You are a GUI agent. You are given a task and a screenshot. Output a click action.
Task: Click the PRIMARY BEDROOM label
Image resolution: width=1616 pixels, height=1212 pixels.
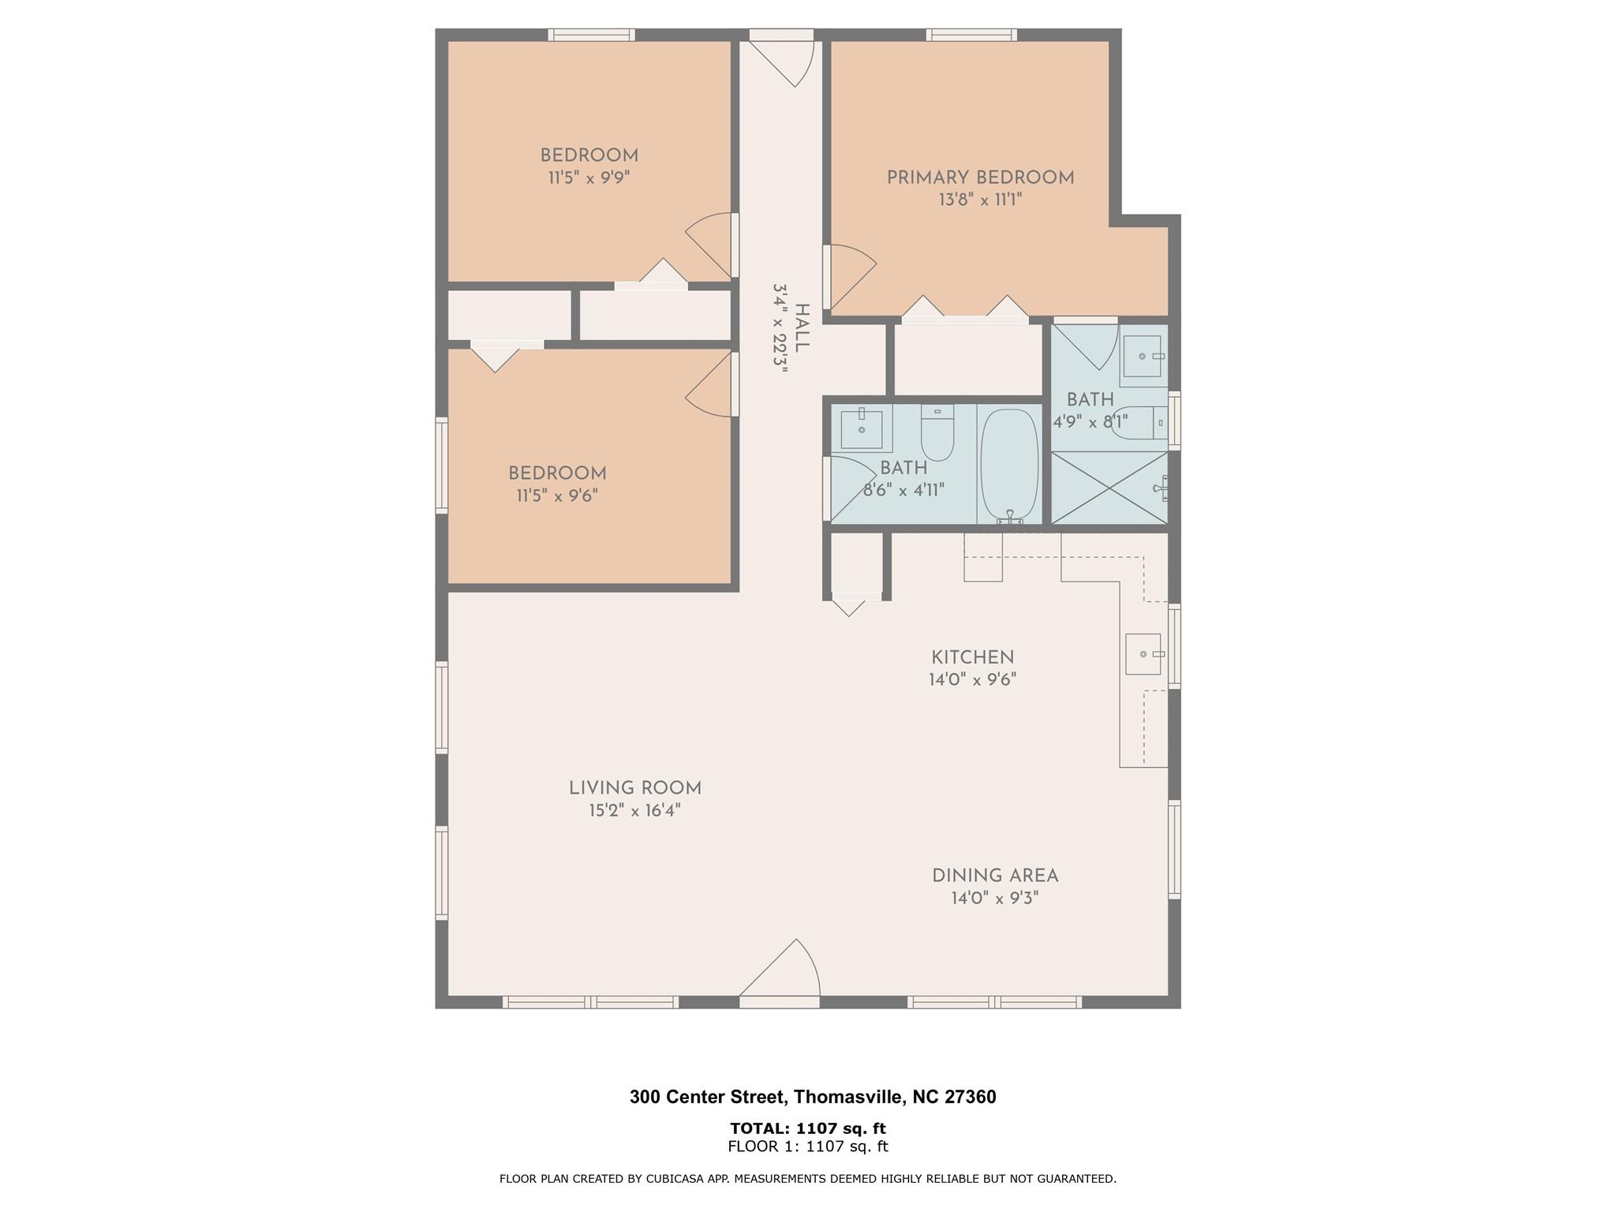click(x=980, y=178)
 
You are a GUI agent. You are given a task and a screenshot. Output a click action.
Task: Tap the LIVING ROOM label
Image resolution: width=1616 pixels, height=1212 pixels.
click(x=635, y=788)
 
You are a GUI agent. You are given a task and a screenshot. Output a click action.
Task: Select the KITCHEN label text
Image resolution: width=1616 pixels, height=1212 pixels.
click(x=972, y=657)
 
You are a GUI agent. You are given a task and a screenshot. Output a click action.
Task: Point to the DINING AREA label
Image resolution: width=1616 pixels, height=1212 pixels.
click(x=995, y=876)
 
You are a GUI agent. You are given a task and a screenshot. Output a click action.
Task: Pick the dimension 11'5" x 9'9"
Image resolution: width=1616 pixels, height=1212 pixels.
click(x=589, y=178)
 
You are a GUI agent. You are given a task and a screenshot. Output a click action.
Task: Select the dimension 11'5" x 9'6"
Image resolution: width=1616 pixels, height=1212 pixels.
click(x=557, y=496)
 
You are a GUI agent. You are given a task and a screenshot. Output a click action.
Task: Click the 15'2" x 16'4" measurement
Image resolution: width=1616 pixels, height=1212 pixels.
click(x=634, y=810)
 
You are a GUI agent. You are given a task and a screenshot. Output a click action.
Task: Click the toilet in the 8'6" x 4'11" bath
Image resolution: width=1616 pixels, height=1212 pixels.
click(x=937, y=432)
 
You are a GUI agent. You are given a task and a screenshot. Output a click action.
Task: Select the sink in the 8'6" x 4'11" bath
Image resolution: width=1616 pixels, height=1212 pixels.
click(x=861, y=428)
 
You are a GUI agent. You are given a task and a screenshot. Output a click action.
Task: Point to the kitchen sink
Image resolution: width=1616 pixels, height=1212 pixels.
click(x=1143, y=654)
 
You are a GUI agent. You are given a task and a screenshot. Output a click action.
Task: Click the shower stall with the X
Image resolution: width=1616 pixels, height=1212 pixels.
click(x=1109, y=488)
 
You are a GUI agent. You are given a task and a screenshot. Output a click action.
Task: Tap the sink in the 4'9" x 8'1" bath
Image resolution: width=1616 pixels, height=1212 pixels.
click(x=1143, y=356)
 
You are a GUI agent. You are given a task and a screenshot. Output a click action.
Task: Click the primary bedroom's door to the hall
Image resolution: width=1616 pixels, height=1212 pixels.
click(x=852, y=276)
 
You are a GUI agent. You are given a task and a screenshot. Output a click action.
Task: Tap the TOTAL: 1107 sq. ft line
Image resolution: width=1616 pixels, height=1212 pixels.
click(x=808, y=1128)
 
